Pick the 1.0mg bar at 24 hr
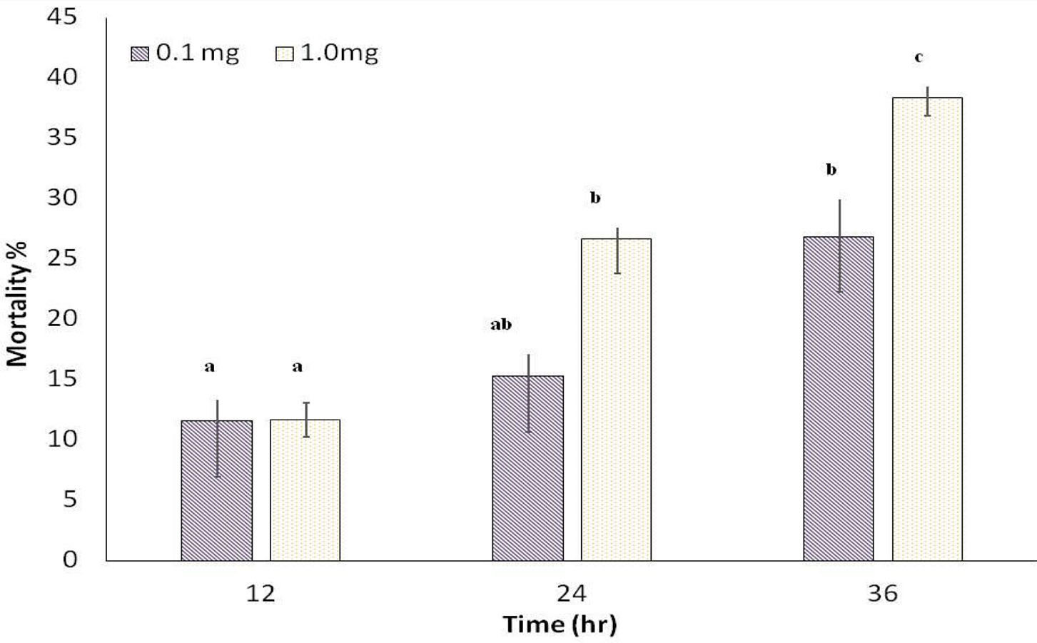616,400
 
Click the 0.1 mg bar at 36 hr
839,399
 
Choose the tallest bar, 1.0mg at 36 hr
927,329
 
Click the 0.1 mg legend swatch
140,54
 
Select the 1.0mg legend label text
339,54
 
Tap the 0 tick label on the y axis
69,559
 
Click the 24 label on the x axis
572,593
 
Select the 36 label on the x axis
883,593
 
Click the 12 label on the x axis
260,593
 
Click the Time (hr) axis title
560,624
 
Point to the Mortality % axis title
17,304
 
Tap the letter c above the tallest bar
919,57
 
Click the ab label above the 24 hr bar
501,325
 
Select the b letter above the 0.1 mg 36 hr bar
831,169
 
